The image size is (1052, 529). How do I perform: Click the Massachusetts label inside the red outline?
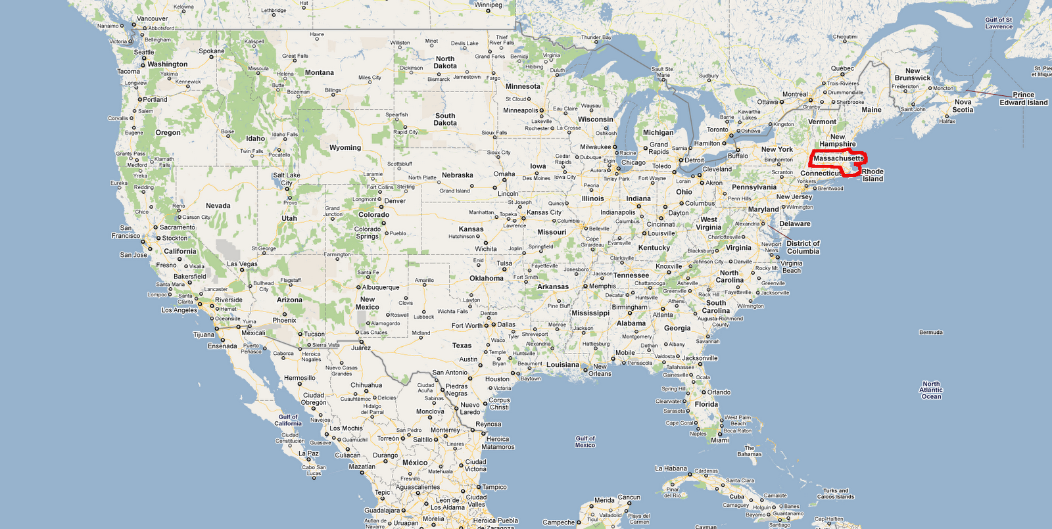pos(838,158)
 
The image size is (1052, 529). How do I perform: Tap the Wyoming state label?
pos(345,148)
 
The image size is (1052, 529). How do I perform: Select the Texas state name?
pos(462,346)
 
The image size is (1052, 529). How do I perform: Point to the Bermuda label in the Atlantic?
pos(931,333)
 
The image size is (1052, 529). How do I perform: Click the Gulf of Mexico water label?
pos(585,442)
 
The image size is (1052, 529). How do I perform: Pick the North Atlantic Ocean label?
pos(931,390)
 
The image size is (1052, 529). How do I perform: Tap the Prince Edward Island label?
pos(1024,99)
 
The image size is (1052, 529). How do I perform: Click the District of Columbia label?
pos(803,247)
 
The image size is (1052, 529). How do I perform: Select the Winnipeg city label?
pos(488,5)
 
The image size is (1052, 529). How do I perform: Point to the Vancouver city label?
pos(152,18)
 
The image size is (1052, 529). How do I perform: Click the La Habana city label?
pos(671,469)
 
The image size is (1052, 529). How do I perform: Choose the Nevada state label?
pos(218,206)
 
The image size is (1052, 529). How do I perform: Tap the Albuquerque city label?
pos(381,287)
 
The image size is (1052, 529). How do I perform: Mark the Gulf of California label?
pos(288,420)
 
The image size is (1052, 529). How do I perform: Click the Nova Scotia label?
pos(963,106)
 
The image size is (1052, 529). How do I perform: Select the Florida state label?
pos(706,404)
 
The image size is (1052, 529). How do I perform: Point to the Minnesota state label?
pos(523,86)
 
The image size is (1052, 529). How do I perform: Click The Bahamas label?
pos(749,451)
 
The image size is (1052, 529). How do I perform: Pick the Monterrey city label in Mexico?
pos(445,430)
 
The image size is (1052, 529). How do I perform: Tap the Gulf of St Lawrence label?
pos(999,23)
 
